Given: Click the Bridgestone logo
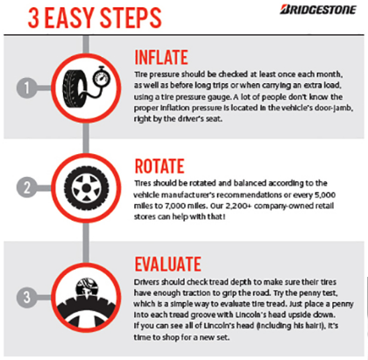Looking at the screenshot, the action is (318, 10).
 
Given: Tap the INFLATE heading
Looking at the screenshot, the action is (161, 57).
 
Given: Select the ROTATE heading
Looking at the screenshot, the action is (159, 166).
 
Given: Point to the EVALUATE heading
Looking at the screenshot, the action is (167, 265).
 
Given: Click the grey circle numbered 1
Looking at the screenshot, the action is (27, 88).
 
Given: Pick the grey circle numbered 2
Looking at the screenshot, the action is (27, 187).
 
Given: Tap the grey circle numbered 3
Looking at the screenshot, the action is (27, 297).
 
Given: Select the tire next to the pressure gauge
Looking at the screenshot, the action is (74, 88).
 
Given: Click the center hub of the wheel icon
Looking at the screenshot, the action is (86, 188).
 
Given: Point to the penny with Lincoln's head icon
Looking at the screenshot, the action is (87, 288).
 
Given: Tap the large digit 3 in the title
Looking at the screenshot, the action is (33, 18).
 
